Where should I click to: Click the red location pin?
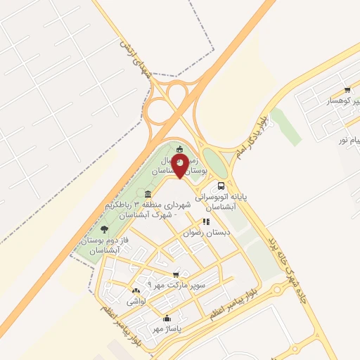[181, 165]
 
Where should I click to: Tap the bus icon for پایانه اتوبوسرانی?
[221, 186]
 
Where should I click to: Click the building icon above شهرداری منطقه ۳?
[148, 194]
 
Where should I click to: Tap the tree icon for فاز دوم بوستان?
[105, 229]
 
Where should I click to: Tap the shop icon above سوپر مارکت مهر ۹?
[176, 274]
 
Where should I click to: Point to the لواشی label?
[136, 301]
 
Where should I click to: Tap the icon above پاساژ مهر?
[167, 318]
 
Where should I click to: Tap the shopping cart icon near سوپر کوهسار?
[348, 90]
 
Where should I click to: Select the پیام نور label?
[349, 141]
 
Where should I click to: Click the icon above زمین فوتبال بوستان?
[181, 148]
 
